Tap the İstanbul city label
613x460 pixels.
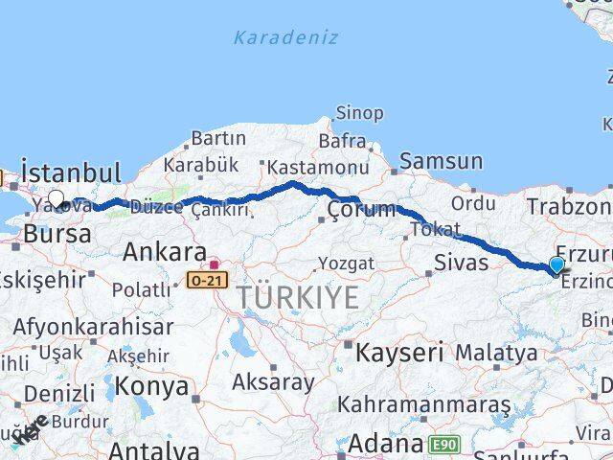pos(71,173)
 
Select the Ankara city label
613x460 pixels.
pos(165,253)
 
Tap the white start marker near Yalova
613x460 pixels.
pos(57,199)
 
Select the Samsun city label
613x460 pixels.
pos(442,161)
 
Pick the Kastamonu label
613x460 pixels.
pos(317,166)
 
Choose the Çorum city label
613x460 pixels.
pos(360,209)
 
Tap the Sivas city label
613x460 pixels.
pos(461,263)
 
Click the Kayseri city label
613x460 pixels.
pos(398,352)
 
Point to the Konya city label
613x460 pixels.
pos(151,386)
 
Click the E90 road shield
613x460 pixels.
pos(443,444)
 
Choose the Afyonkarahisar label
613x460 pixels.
pos(93,327)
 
